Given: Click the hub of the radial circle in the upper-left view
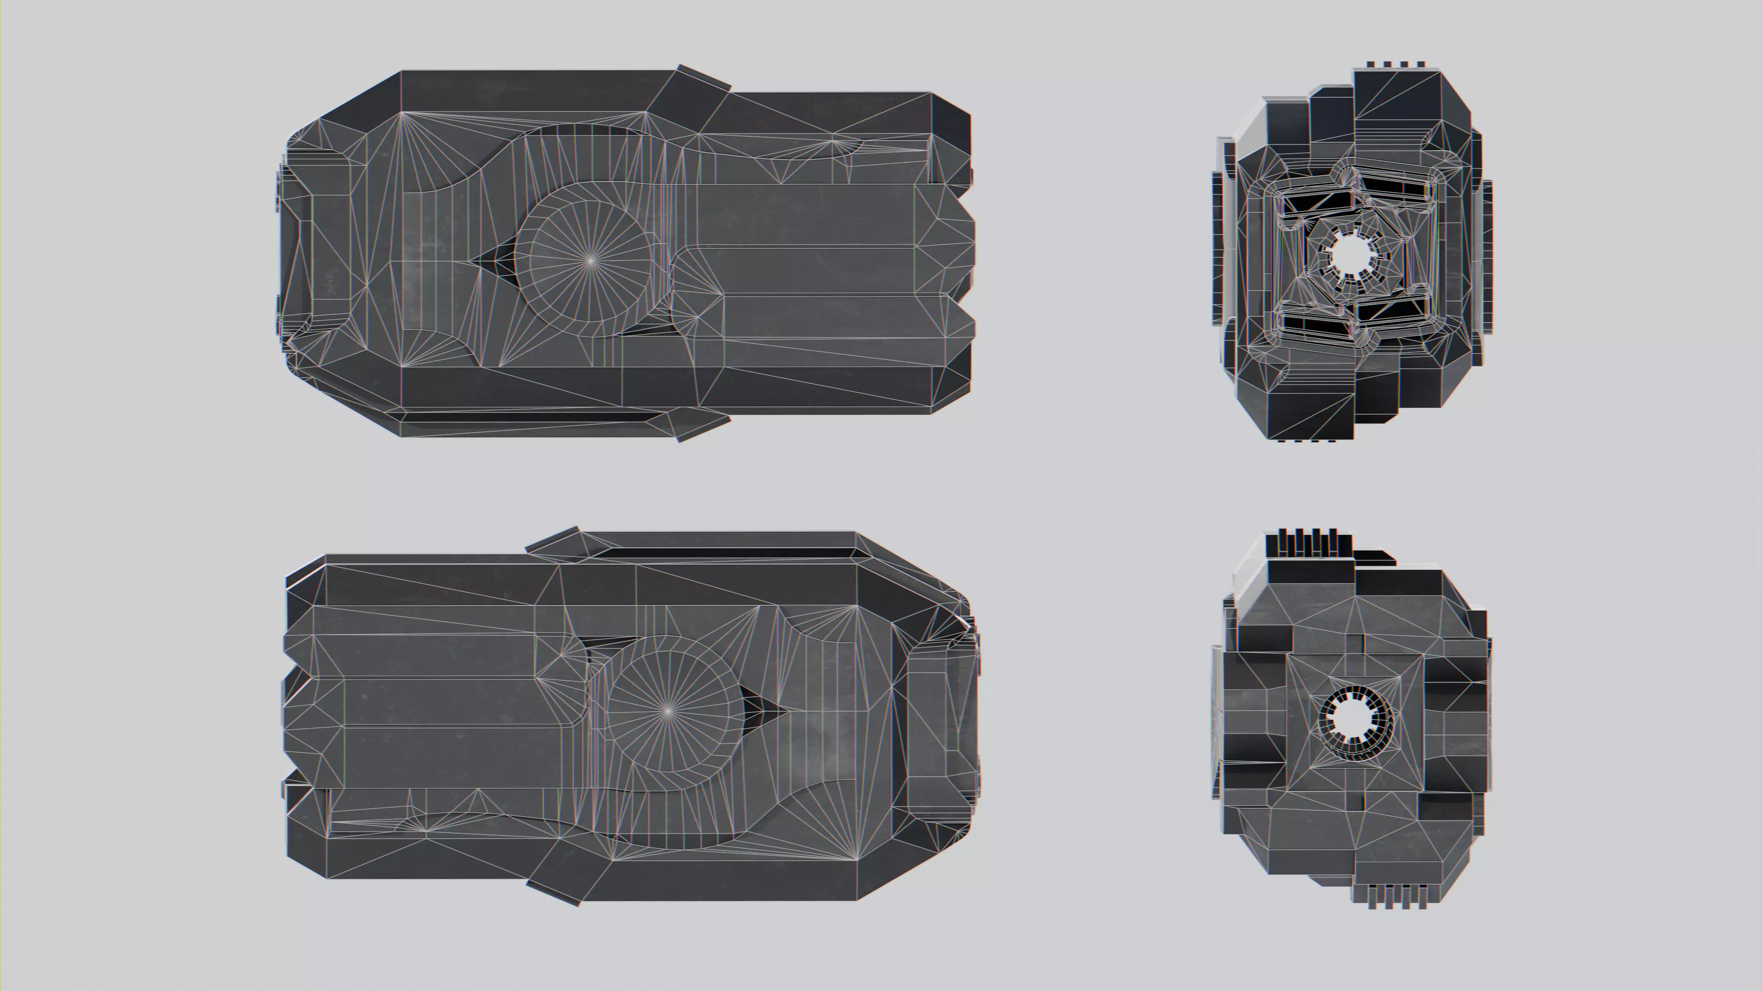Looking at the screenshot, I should pos(590,260).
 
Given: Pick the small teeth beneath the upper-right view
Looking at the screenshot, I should pos(1306,440).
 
